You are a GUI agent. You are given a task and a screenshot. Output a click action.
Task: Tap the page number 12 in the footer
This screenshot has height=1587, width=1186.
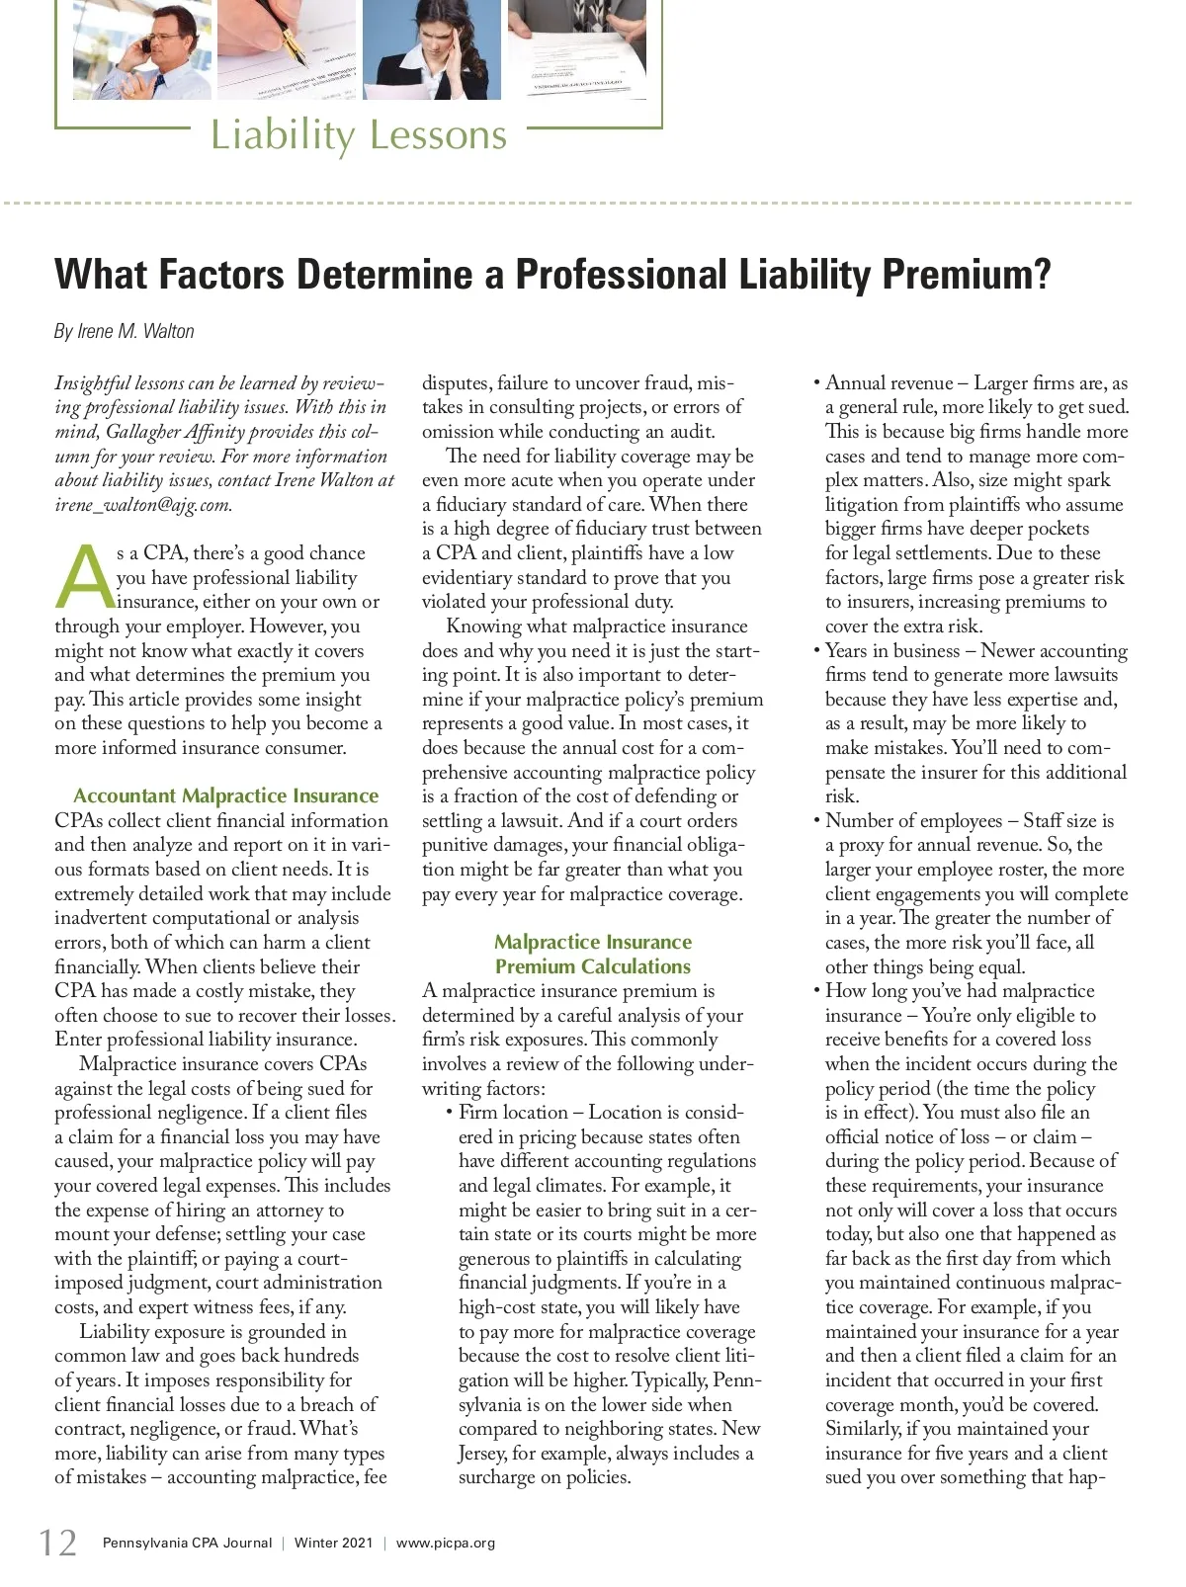[57, 1543]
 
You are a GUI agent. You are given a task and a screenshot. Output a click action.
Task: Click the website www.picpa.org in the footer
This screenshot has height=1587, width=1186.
[446, 1543]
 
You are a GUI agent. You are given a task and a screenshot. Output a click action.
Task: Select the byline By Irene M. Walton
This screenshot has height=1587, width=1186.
[124, 331]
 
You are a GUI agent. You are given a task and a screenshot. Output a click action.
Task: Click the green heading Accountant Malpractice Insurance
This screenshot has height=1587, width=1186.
[225, 795]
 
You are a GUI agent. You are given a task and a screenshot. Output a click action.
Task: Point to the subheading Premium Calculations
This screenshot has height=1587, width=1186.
[593, 966]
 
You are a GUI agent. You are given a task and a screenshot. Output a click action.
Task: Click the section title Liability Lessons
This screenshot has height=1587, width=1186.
[358, 134]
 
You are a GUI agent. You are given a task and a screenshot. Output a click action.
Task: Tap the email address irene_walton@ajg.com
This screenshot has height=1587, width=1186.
[142, 504]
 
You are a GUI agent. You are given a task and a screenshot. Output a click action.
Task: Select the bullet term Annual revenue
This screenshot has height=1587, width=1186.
[889, 382]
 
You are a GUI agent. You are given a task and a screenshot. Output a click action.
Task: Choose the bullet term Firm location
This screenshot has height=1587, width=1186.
[513, 1112]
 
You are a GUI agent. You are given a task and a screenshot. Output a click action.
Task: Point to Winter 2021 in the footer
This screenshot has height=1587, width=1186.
[333, 1543]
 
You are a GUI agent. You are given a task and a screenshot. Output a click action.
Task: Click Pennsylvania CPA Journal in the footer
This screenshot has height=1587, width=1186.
[187, 1543]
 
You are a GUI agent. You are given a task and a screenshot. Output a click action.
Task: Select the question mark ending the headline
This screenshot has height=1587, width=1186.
[1040, 274]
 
